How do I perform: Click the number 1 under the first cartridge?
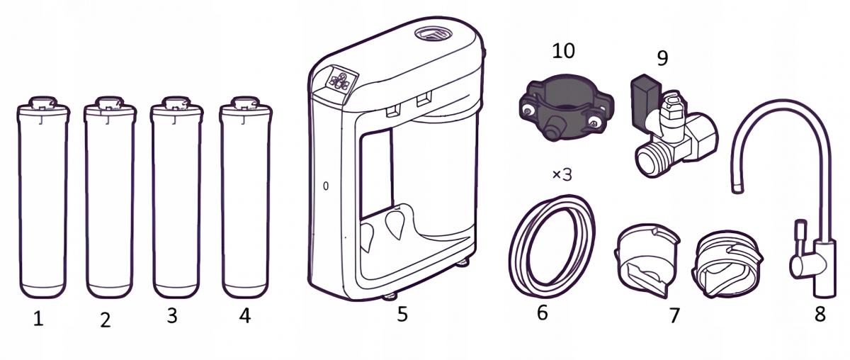tap(38, 319)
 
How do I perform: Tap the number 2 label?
tap(106, 320)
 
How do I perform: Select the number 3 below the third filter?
tap(171, 316)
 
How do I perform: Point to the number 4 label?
tap(244, 315)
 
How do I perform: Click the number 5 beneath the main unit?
tap(402, 314)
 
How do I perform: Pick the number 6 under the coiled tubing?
tap(542, 313)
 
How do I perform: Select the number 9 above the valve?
tap(662, 56)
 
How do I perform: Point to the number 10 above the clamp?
tap(564, 51)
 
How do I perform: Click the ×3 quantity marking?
tap(561, 174)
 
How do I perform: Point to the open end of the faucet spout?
tap(739, 188)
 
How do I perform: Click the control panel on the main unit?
tap(339, 81)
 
